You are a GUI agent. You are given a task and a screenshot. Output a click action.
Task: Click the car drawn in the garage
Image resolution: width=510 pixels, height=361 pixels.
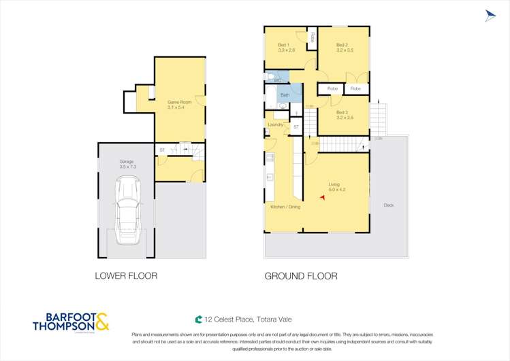pyautogui.click(x=127, y=211)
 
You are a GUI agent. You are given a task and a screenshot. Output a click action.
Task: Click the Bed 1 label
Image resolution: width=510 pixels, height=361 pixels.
pyautogui.click(x=286, y=47)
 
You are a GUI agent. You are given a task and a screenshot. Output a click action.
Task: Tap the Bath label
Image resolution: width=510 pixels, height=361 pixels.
pyautogui.click(x=285, y=95)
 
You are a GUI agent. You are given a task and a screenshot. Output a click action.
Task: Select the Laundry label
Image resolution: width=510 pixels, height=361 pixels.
pyautogui.click(x=275, y=124)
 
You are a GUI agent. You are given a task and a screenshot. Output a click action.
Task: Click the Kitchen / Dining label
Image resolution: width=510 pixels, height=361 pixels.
pyautogui.click(x=285, y=206)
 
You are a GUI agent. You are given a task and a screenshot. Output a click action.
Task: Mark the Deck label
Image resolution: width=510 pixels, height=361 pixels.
pyautogui.click(x=388, y=205)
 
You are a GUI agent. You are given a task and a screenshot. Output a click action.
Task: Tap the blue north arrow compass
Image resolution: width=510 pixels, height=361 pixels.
pyautogui.click(x=490, y=16)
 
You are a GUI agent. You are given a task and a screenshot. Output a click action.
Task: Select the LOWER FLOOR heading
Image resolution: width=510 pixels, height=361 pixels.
pyautogui.click(x=126, y=276)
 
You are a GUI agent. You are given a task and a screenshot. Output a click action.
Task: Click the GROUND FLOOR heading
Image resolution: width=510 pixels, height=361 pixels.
pyautogui.click(x=300, y=276)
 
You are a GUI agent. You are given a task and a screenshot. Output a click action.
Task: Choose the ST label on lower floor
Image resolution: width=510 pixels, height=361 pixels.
pyautogui.click(x=162, y=150)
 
